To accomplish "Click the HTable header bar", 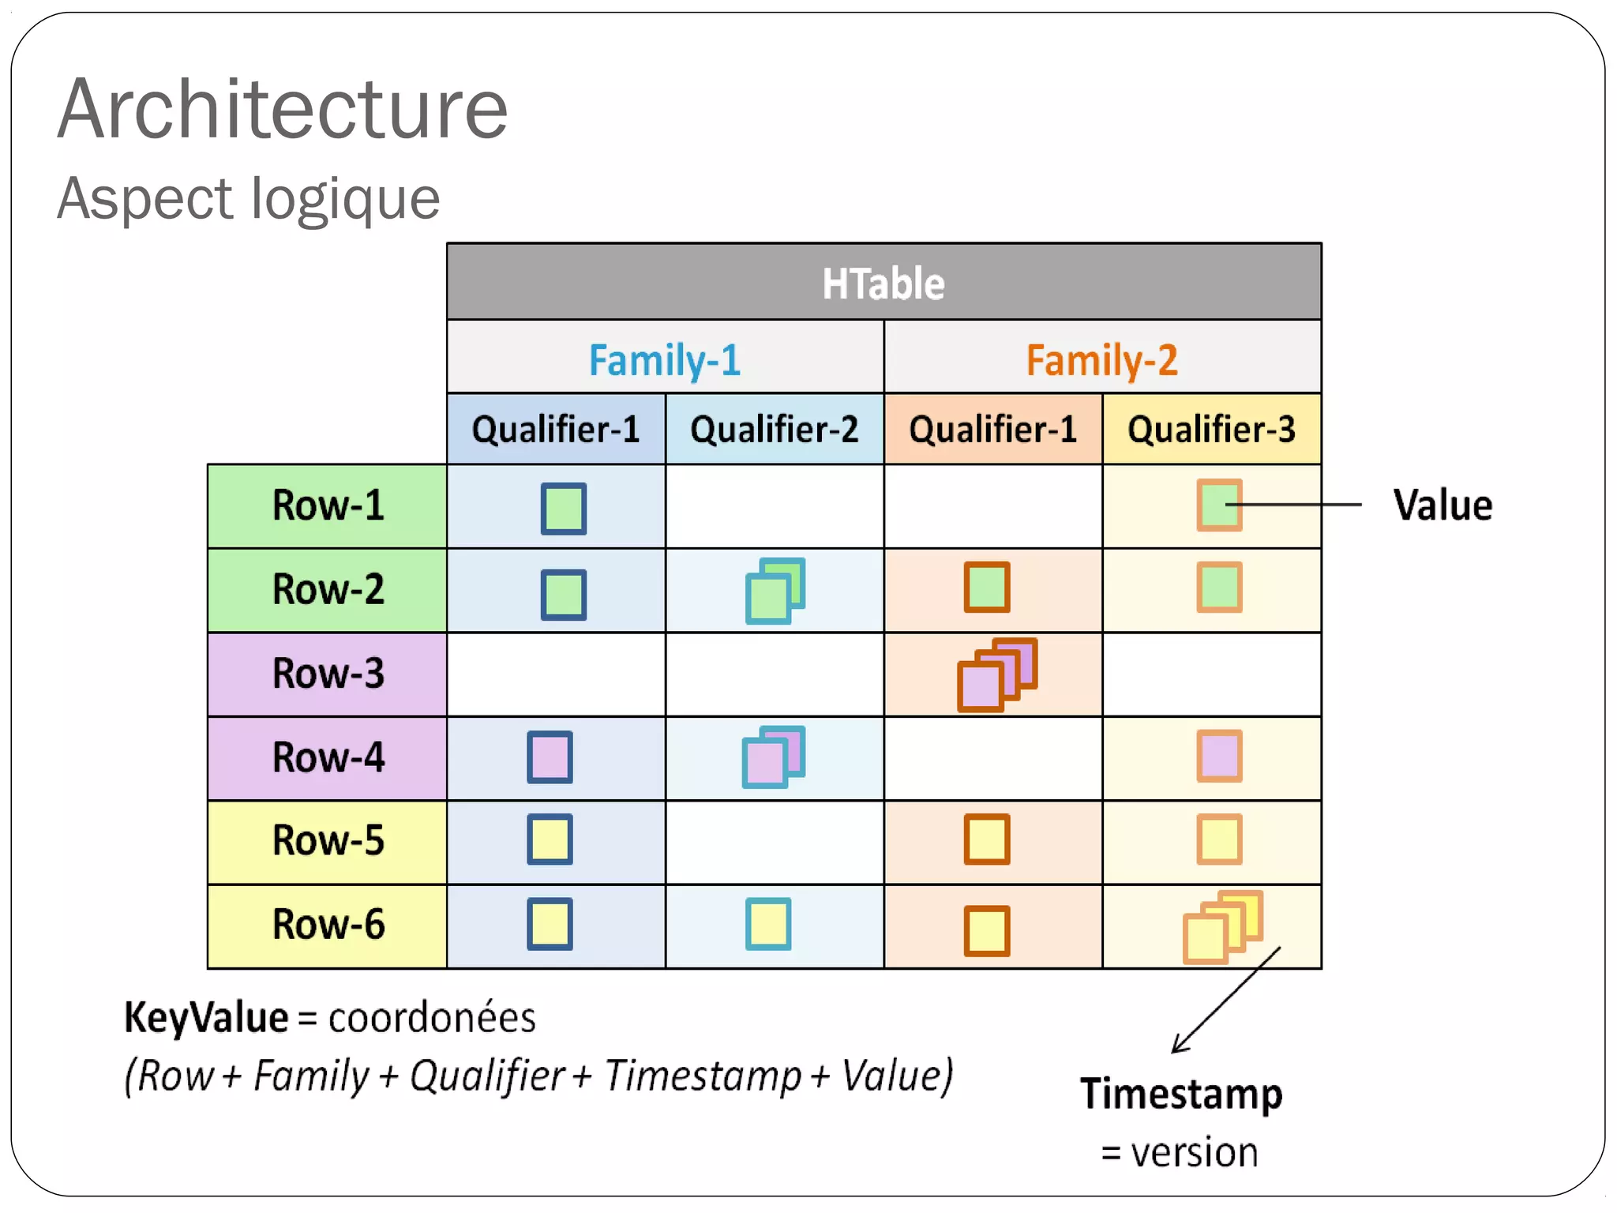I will coord(884,283).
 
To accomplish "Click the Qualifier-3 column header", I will coord(1211,430).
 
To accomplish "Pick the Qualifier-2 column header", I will coord(774,430).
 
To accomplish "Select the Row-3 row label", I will coord(328,674).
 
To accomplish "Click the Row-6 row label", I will coord(328,925).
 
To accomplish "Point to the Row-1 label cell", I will coord(328,505).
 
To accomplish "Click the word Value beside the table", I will coord(1443,505).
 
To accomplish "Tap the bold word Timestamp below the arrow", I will coord(1181,1094).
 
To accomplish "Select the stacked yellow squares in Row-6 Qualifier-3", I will coord(1222,927).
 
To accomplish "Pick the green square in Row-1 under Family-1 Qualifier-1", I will coord(563,509).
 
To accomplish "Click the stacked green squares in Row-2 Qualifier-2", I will coord(775,591).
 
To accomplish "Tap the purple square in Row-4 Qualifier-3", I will coord(1219,757).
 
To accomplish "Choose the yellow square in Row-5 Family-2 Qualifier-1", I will coord(987,839).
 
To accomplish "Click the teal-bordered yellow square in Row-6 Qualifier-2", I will coord(768,923).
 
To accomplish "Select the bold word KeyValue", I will coord(206,1017).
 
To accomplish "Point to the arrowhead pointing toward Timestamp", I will coord(1178,1047).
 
